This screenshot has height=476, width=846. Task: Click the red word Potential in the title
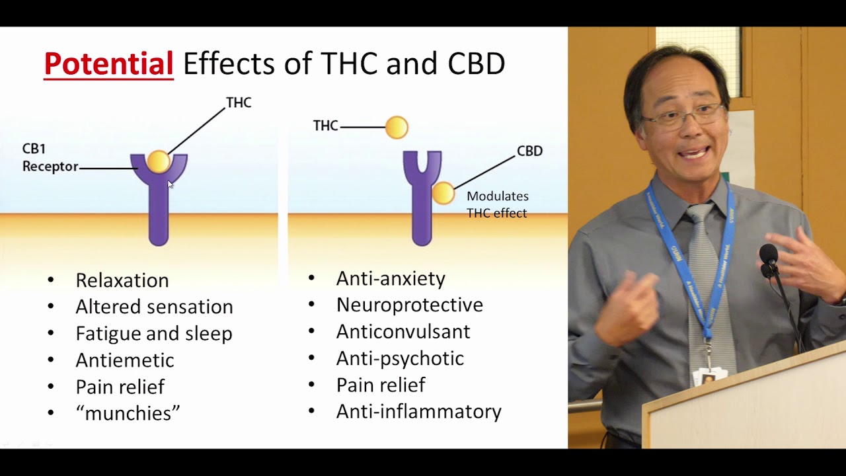click(108, 64)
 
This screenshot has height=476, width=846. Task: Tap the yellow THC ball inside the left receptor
click(159, 162)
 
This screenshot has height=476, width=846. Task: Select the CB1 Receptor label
click(50, 158)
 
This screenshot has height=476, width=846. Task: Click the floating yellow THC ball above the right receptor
click(397, 127)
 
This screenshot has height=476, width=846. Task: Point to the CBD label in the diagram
click(529, 151)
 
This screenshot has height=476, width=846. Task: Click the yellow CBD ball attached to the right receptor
click(443, 193)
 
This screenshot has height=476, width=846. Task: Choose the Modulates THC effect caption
click(497, 204)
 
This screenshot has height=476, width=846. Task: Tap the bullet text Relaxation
click(122, 280)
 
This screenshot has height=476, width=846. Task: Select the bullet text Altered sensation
click(154, 307)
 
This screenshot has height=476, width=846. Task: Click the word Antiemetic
click(125, 360)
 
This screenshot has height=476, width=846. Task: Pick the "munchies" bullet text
click(128, 413)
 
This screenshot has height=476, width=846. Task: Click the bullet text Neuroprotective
click(410, 305)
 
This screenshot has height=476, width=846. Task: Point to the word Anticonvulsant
click(403, 331)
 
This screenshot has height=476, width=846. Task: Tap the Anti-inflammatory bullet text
click(419, 411)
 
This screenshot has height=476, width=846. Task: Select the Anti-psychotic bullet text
click(400, 358)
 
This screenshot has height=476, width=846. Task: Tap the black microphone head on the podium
click(768, 255)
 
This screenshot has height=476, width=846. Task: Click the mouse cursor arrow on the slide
click(171, 184)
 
